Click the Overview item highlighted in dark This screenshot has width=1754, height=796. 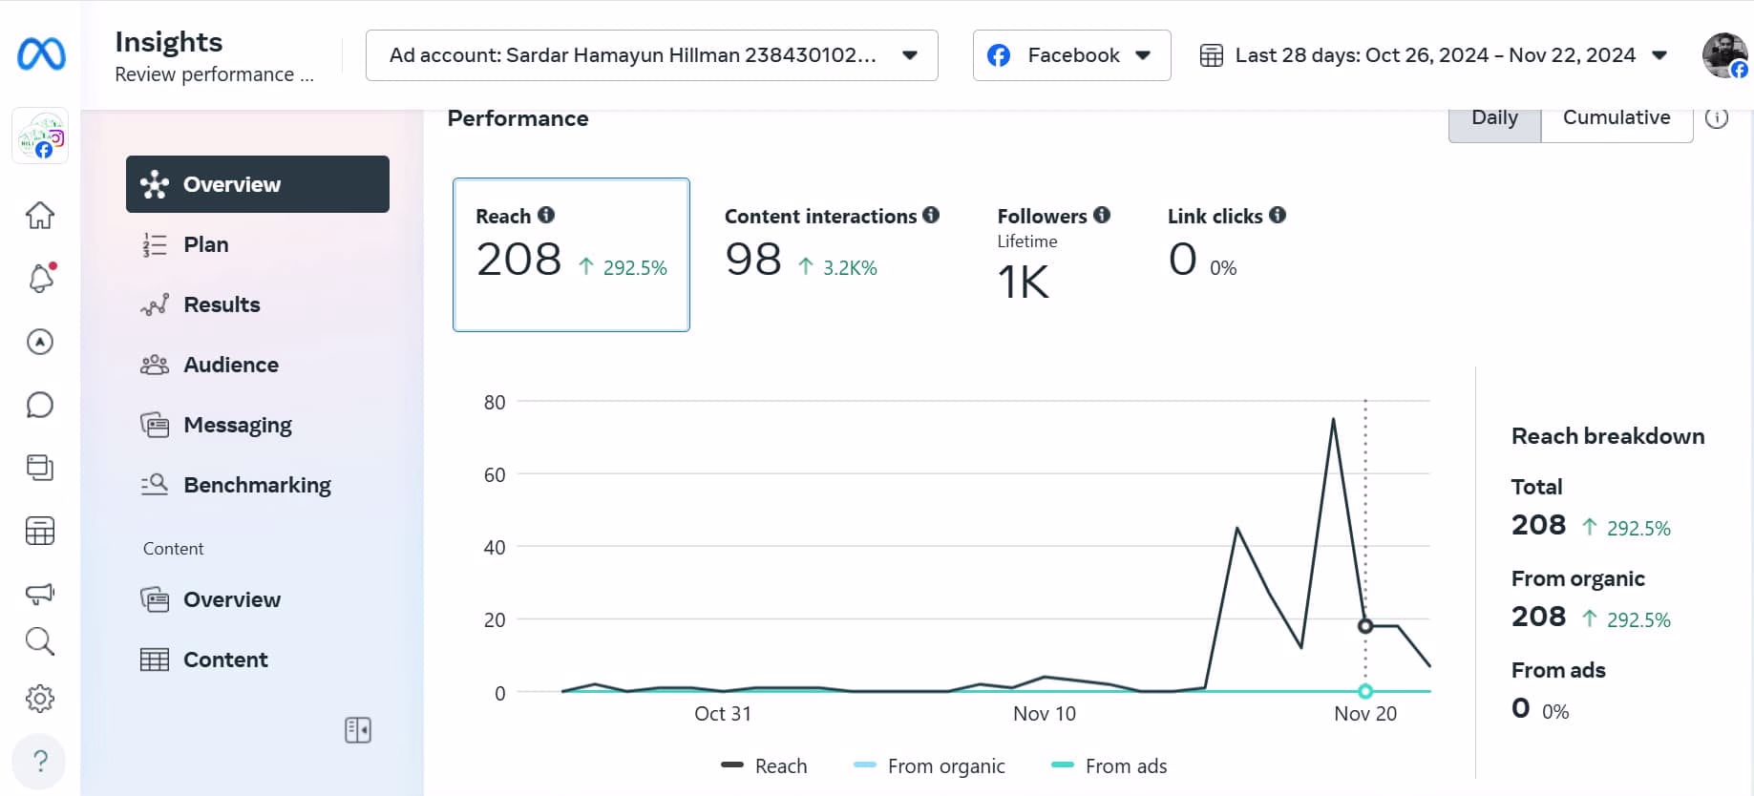click(x=257, y=184)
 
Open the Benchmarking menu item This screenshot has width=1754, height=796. click(x=256, y=485)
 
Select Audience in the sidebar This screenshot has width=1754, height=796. click(x=230, y=365)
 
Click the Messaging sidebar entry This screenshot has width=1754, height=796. click(x=237, y=425)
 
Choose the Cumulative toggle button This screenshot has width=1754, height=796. click(x=1616, y=118)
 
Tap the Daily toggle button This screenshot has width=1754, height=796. click(x=1494, y=118)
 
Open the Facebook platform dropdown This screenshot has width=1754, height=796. click(x=1071, y=55)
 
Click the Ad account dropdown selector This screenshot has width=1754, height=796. click(x=651, y=55)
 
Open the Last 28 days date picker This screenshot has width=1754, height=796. click(x=1433, y=55)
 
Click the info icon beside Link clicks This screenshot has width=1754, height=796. click(x=1278, y=215)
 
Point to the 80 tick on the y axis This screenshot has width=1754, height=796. click(x=495, y=402)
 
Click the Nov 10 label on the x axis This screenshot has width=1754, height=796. click(x=1044, y=714)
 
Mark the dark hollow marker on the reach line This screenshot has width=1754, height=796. click(x=1365, y=626)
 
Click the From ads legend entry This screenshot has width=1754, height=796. click(x=1109, y=766)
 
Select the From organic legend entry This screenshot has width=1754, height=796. click(x=930, y=766)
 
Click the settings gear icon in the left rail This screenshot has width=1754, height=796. click(x=40, y=699)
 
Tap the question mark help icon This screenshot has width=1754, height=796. click(x=40, y=761)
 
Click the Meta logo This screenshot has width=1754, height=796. click(x=41, y=54)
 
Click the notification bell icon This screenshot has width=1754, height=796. click(x=40, y=279)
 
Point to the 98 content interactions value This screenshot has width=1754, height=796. click(x=753, y=260)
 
